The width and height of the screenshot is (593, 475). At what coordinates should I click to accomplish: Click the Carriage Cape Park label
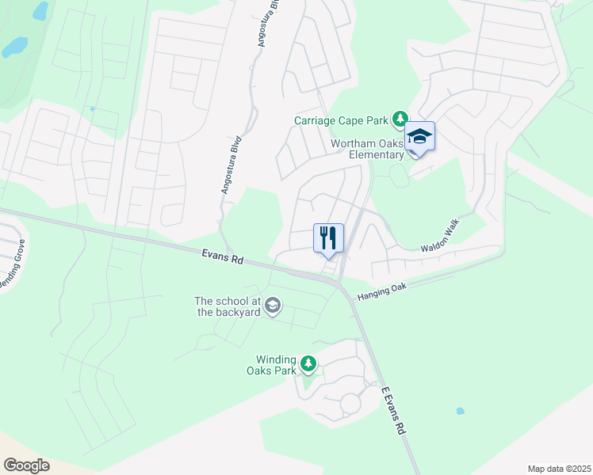pyautogui.click(x=341, y=120)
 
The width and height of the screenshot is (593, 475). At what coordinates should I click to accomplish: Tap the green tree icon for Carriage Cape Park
pyautogui.click(x=400, y=120)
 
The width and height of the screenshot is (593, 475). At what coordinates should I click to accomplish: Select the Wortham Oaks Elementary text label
pyautogui.click(x=367, y=149)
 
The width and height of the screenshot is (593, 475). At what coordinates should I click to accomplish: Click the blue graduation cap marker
pyautogui.click(x=419, y=137)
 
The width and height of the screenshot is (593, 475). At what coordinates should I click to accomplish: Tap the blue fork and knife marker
pyautogui.click(x=329, y=237)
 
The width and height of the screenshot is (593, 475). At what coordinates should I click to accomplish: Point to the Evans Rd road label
pyautogui.click(x=222, y=255)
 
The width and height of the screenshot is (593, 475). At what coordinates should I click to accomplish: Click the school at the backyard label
pyautogui.click(x=228, y=306)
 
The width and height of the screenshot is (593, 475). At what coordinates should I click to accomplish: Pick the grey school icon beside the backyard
pyautogui.click(x=273, y=306)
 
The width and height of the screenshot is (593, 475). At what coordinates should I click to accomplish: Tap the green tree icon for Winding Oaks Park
pyautogui.click(x=308, y=365)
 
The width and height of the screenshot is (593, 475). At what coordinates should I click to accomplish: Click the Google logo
pyautogui.click(x=26, y=465)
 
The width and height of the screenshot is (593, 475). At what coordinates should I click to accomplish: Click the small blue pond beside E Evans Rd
pyautogui.click(x=460, y=412)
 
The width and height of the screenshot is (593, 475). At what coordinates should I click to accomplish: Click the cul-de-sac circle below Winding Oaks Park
pyautogui.click(x=350, y=405)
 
